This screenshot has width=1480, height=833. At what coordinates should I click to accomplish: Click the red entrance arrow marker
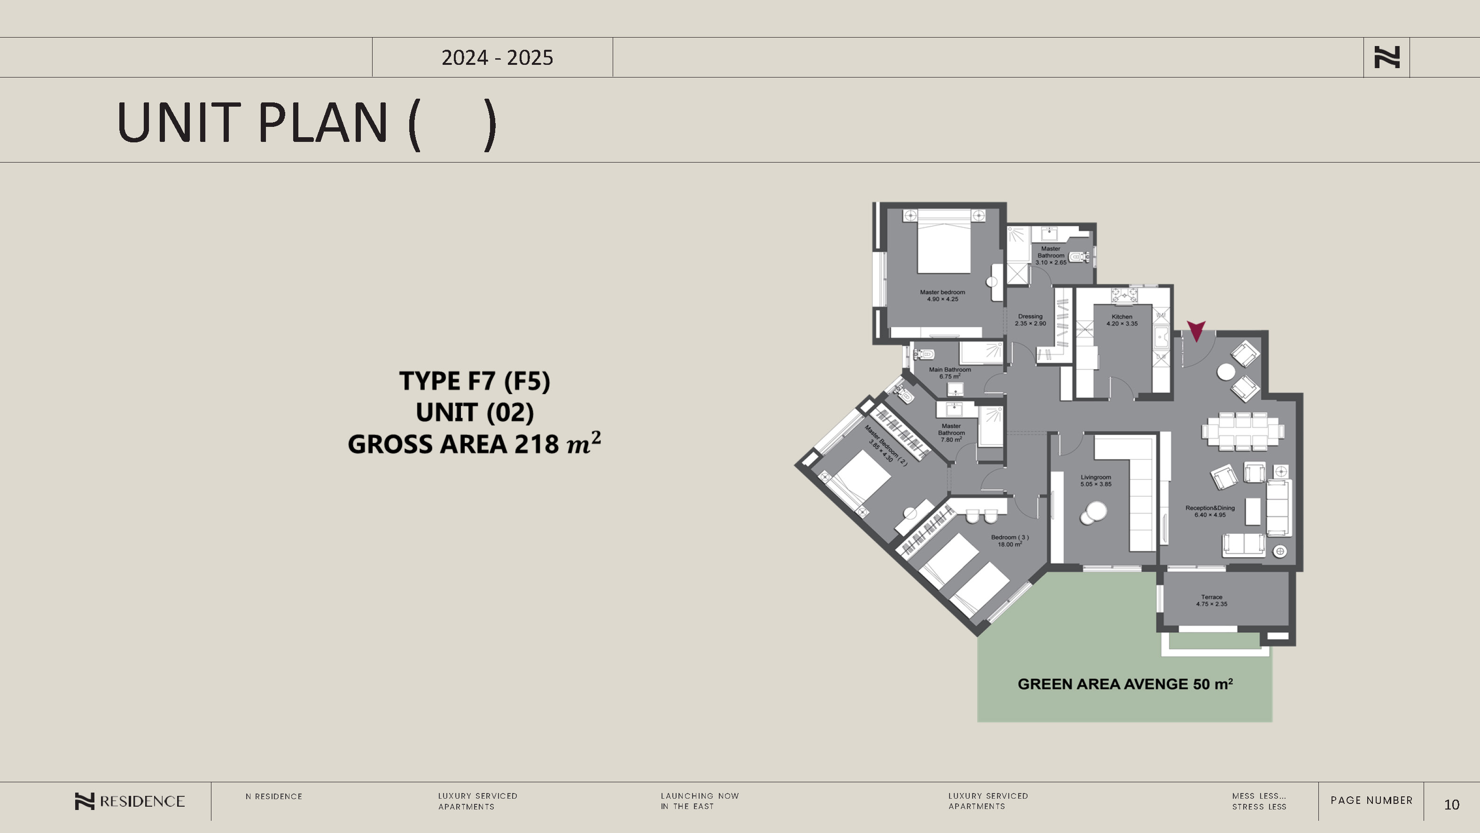coord(1196,330)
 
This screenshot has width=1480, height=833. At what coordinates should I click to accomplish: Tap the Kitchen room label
coord(1122,320)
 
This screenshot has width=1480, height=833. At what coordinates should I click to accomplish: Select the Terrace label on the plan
coord(1212,600)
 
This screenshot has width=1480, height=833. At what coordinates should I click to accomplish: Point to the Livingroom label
coord(1096,481)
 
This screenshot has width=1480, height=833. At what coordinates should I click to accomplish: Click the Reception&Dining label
coord(1210,511)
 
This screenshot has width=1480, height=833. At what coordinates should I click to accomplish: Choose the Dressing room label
coord(1030,320)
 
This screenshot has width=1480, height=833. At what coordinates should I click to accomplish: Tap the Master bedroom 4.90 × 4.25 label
coord(942,295)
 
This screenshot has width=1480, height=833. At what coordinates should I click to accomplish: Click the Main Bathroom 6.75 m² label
coord(950,373)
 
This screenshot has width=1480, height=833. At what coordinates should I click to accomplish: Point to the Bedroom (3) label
coord(1010,541)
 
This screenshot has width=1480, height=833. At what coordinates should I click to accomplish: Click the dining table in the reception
coord(1243,431)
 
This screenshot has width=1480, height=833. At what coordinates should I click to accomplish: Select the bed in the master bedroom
coord(944,241)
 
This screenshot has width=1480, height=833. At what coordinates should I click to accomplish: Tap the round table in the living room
coord(1093,513)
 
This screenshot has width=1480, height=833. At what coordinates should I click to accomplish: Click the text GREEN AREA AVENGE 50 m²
coord(1125,684)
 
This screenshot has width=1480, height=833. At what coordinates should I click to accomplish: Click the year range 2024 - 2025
coord(497,57)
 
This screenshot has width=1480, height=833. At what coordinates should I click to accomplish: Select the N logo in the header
coord(1387,57)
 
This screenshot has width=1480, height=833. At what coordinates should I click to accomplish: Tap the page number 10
coord(1451,804)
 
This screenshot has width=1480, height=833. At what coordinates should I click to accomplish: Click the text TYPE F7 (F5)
coord(475,381)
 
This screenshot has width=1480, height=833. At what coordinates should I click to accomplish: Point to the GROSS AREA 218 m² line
coord(475,444)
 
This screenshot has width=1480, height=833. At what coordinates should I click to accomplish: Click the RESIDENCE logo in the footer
coord(130,802)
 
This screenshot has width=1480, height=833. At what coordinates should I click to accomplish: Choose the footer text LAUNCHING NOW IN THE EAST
coord(700,801)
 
